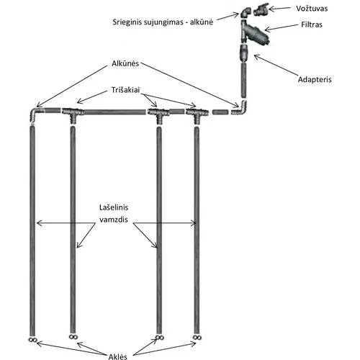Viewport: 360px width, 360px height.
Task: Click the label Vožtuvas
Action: click(312, 9)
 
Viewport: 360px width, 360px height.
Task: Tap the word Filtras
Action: click(312, 24)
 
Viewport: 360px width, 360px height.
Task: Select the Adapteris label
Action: click(315, 79)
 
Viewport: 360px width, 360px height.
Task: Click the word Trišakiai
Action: click(125, 90)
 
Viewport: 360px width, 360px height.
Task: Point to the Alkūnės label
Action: click(125, 63)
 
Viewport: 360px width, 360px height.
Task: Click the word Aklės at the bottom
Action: click(117, 356)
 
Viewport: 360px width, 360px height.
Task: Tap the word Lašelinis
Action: click(114, 207)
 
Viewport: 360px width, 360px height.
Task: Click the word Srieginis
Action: click(127, 22)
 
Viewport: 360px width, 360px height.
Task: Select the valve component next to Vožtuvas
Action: click(261, 9)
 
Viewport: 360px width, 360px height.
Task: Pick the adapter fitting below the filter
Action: click(244, 53)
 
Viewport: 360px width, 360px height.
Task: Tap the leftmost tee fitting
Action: click(73, 114)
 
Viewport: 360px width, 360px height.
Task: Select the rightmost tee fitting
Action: click(197, 114)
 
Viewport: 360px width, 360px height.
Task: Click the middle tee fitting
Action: click(158, 114)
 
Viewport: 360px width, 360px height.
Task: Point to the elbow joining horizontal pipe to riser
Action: click(242, 110)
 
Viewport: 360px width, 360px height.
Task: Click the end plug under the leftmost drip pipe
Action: click(32, 340)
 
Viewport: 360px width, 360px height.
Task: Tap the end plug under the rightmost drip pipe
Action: click(197, 338)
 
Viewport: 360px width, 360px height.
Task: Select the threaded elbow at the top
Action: click(246, 12)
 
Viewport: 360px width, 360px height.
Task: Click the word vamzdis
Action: click(114, 220)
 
